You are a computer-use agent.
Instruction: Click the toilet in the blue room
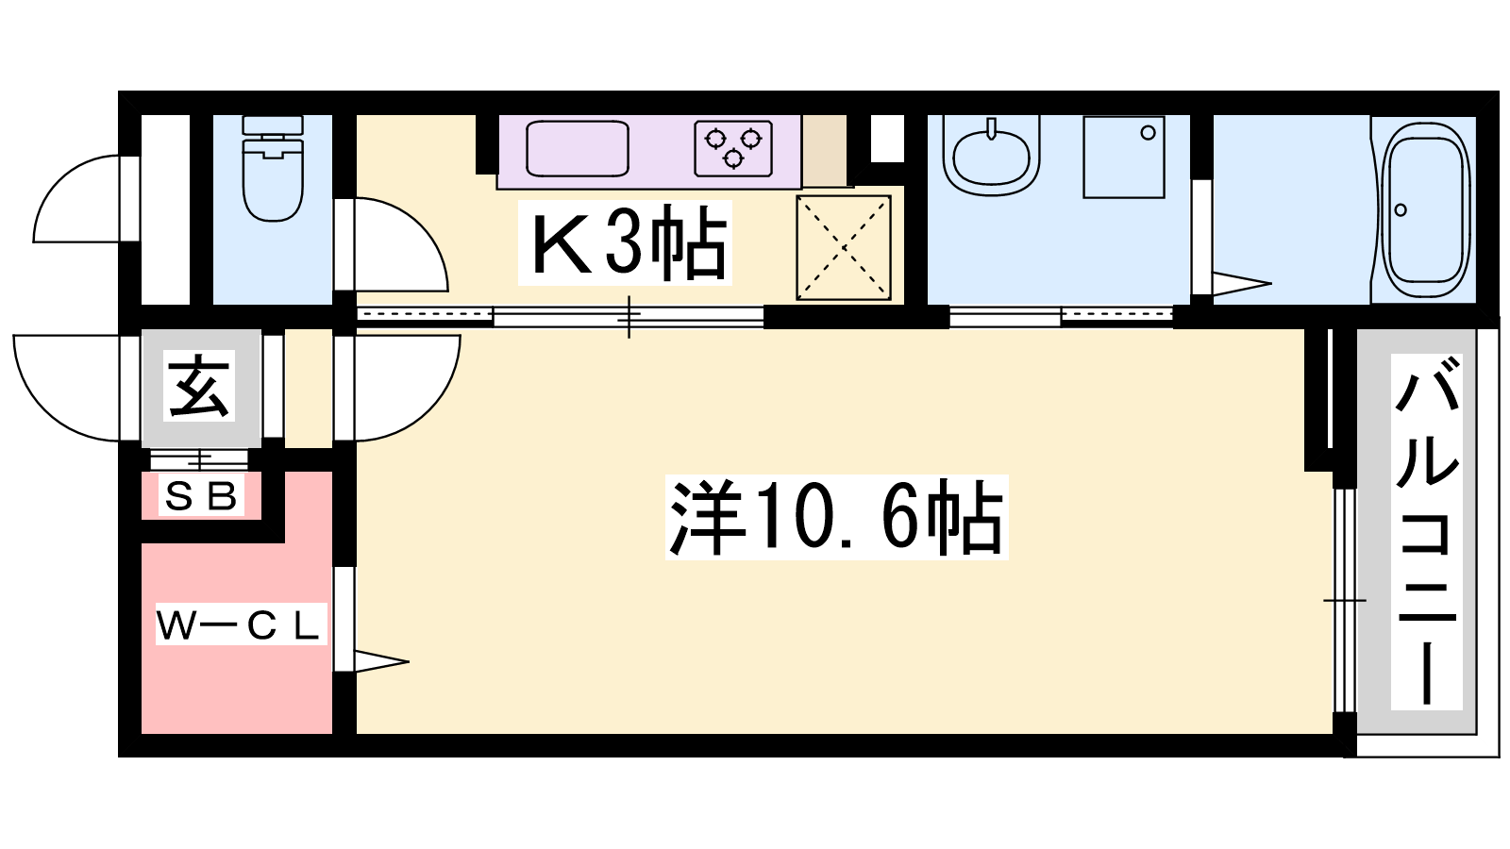coord(273,168)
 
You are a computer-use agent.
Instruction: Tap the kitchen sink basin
coord(577,149)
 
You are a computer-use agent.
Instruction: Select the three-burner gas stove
coord(733,148)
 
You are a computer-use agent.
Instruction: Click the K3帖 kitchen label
coord(625,242)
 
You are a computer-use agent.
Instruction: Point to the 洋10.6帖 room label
coord(836,517)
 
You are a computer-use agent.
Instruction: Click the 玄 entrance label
coord(199,386)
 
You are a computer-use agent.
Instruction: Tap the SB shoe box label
coord(201,496)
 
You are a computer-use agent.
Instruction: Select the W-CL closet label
coord(242,624)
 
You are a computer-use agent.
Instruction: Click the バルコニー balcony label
coord(1426,532)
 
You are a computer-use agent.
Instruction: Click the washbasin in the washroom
coord(991,157)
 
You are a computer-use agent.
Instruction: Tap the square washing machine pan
coord(1124,157)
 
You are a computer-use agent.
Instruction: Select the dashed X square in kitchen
coord(844,247)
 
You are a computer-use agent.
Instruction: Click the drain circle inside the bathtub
coord(1401,209)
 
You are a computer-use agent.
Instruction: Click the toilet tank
coord(273,125)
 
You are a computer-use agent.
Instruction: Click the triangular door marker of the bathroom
coord(1242,284)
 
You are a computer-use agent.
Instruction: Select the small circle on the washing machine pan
coord(1148,133)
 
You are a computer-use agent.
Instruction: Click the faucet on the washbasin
coord(991,128)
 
